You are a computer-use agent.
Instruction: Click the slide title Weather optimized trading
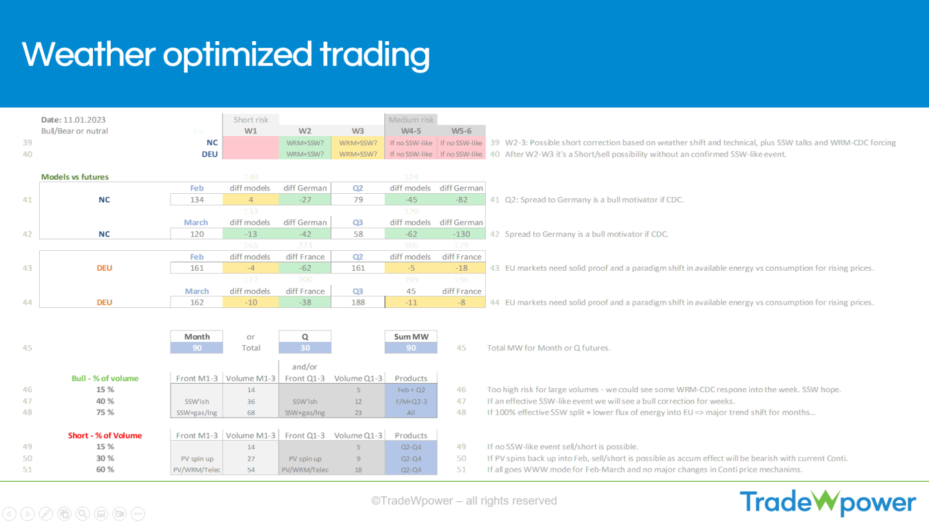point(226,54)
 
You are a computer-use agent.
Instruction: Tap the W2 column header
point(305,131)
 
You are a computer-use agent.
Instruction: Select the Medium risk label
point(411,120)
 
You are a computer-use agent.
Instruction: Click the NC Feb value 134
point(196,199)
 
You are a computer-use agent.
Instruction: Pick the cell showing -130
point(461,234)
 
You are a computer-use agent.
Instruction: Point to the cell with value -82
point(461,199)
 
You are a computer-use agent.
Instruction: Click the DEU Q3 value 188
point(358,302)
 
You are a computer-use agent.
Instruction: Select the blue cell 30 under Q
point(305,348)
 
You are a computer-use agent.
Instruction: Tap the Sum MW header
point(411,336)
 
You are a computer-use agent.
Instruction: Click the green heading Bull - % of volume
point(105,378)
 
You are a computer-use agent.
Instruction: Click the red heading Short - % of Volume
point(105,435)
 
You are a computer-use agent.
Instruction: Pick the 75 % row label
point(105,412)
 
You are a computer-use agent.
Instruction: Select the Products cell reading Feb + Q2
point(411,390)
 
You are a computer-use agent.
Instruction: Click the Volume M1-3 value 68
point(251,412)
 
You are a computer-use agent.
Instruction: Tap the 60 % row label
point(105,469)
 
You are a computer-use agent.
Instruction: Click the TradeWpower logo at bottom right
point(827,502)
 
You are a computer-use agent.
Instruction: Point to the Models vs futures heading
point(75,177)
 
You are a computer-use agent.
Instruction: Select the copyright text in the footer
point(464,501)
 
